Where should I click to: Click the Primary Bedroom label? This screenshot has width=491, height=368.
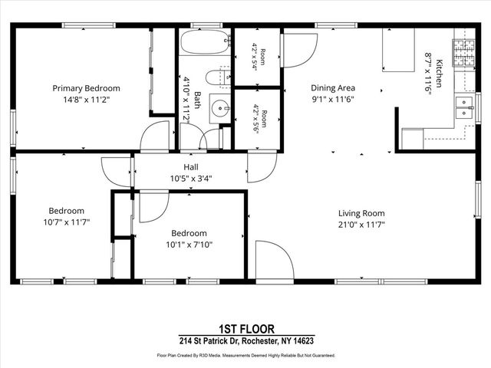pyautogui.click(x=86, y=88)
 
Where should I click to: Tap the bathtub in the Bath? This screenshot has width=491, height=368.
pyautogui.click(x=206, y=41)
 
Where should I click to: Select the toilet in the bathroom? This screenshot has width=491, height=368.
pyautogui.click(x=218, y=78)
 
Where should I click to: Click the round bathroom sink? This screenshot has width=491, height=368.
pyautogui.click(x=220, y=108)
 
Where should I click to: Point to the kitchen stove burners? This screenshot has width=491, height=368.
pyautogui.click(x=463, y=53)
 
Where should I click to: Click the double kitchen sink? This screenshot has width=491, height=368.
pyautogui.click(x=464, y=107)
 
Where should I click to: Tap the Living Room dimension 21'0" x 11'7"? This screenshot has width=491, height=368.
pyautogui.click(x=361, y=225)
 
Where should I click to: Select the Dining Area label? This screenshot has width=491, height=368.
pyautogui.click(x=333, y=88)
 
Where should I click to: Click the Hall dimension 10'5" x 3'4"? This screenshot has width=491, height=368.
pyautogui.click(x=191, y=179)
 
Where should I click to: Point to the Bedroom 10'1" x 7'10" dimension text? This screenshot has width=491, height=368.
pyautogui.click(x=189, y=245)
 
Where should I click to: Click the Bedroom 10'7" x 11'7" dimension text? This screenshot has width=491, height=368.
pyautogui.click(x=67, y=222)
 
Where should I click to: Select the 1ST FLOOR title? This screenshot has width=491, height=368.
pyautogui.click(x=246, y=329)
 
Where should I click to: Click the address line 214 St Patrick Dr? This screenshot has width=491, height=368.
pyautogui.click(x=246, y=340)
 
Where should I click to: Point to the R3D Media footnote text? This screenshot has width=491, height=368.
pyautogui.click(x=246, y=356)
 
